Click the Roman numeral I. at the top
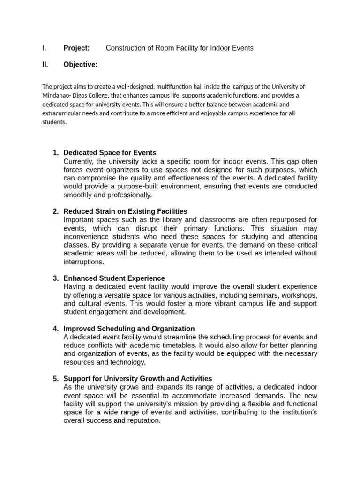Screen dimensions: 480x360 tap(44, 48)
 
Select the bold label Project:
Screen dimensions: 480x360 tap(76, 48)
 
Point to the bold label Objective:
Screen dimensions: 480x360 tap(80, 65)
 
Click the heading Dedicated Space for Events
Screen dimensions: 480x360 tap(110, 153)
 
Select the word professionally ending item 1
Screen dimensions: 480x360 tap(129, 195)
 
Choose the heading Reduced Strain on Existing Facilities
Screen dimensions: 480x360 tap(125, 211)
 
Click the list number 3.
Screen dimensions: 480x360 tap(56, 278)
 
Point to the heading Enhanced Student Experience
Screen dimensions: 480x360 tap(114, 278)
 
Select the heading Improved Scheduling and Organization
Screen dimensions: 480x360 tap(129, 329)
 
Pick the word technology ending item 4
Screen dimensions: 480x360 tap(128, 362)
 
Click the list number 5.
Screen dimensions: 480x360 tap(56, 379)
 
